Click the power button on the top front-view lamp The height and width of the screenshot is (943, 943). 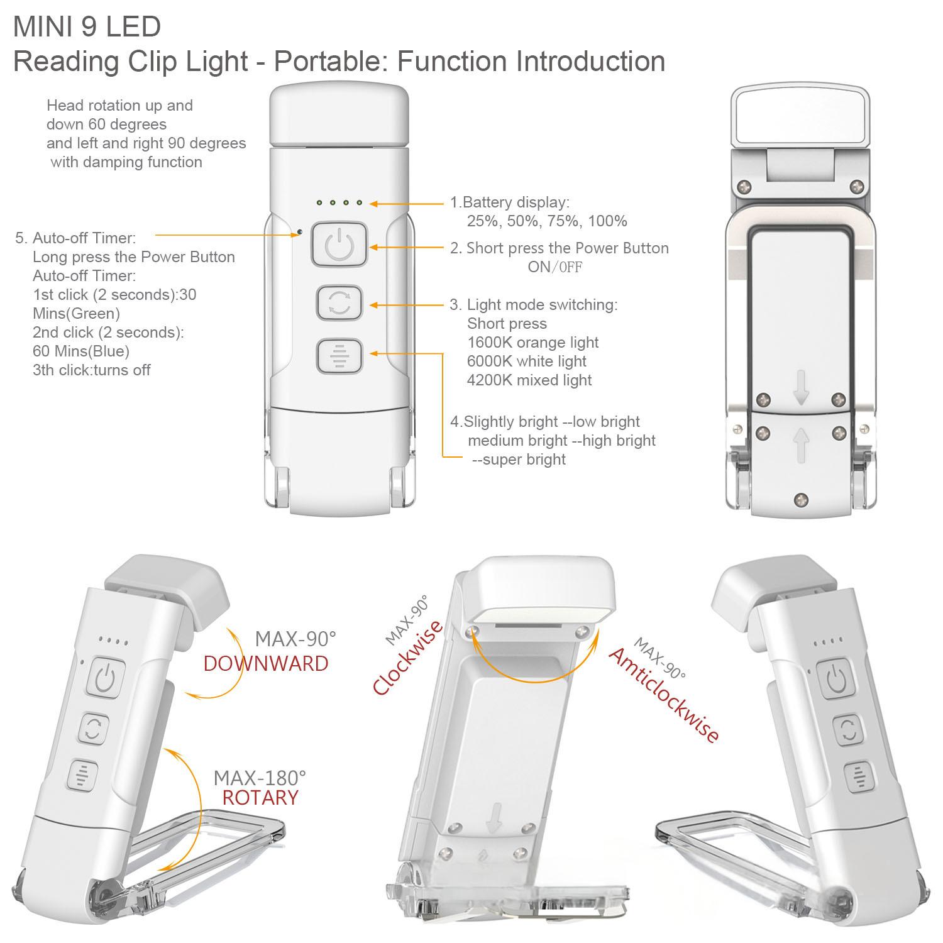coord(338,245)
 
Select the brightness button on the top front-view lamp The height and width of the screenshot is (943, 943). coord(338,356)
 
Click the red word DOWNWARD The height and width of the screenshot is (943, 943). coord(265,664)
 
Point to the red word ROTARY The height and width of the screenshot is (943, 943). coord(260,798)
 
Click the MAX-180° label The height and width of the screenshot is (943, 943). coord(260,778)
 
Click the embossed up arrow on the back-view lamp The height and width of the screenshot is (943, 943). coord(800,444)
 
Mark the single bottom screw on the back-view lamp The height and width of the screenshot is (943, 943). coord(800,500)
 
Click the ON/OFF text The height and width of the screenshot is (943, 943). coord(555,267)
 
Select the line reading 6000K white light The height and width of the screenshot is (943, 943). coord(527,361)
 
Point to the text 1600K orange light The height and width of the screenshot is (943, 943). coord(533,343)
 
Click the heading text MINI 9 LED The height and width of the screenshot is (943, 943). coord(87,26)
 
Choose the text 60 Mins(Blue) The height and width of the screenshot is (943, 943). coord(81,351)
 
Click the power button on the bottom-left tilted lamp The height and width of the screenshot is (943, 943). coord(106,678)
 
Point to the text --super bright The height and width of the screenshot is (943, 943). coord(519,460)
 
